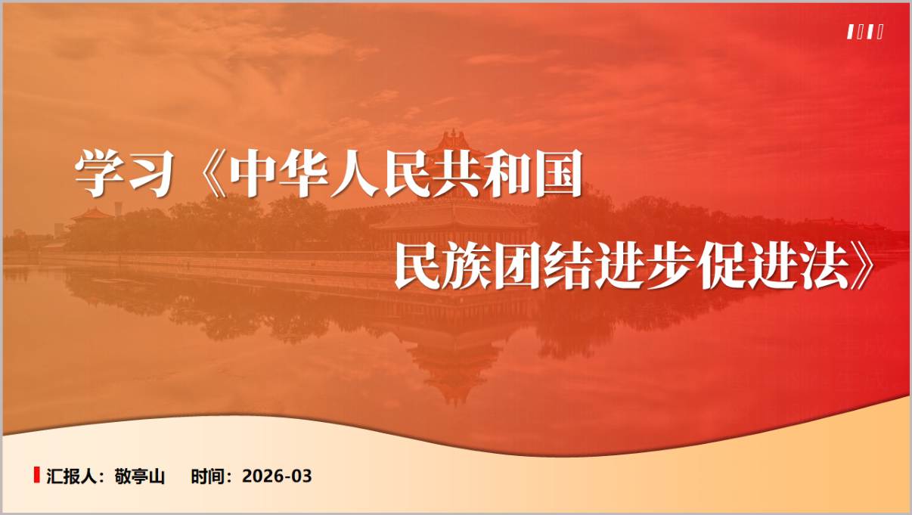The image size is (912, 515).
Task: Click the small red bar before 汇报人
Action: tap(36, 475)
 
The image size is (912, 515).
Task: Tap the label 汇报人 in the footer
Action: tap(68, 476)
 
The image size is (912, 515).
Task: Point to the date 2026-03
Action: tap(277, 476)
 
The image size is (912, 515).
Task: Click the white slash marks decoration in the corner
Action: tap(865, 32)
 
